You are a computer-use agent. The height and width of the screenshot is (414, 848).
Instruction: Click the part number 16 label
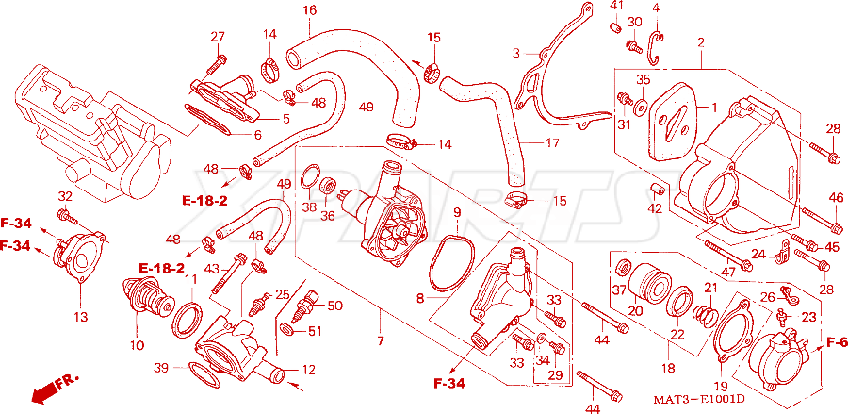pyautogui.click(x=309, y=9)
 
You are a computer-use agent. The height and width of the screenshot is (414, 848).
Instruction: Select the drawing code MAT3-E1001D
pyautogui.click(x=699, y=400)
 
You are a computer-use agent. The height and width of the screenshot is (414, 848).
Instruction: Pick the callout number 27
pyautogui.click(x=218, y=37)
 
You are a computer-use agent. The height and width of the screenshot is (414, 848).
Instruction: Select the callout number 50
pyautogui.click(x=334, y=306)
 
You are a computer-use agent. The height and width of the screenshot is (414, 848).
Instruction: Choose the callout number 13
pyautogui.click(x=81, y=317)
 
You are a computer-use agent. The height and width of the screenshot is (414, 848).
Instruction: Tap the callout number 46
pyautogui.click(x=835, y=197)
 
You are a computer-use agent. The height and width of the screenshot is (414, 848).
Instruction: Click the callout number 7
pyautogui.click(x=381, y=341)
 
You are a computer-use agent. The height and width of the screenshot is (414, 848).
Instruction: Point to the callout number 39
pyautogui.click(x=160, y=368)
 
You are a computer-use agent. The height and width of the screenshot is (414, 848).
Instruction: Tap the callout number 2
pyautogui.click(x=701, y=42)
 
